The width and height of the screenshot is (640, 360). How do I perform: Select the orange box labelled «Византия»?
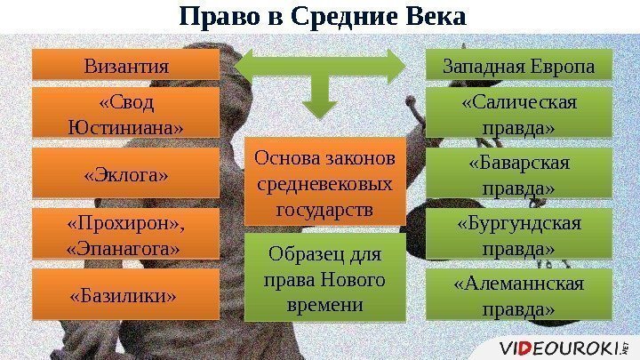(125, 65)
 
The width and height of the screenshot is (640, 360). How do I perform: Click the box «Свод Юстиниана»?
(125, 114)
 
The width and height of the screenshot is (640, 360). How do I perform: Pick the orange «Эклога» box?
(125, 173)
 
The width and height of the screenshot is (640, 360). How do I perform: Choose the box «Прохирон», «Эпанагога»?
(125, 234)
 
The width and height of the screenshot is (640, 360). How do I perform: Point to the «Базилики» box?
(125, 293)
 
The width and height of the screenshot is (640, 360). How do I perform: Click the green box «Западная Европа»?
(519, 65)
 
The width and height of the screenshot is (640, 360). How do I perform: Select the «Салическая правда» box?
(519, 114)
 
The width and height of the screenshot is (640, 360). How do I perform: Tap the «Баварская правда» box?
(519, 173)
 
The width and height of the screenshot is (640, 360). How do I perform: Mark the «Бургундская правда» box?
(519, 234)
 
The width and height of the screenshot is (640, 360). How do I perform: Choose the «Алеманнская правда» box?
(519, 293)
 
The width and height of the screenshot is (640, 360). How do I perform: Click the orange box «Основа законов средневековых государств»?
(324, 182)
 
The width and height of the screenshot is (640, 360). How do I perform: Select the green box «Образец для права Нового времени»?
(324, 277)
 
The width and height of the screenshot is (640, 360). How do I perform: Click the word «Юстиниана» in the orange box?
(125, 126)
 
